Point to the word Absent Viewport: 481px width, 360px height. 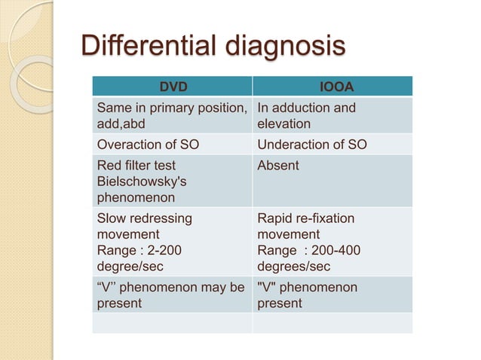pos(278,165)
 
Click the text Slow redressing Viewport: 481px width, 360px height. pos(144,218)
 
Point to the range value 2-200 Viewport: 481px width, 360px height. pos(167,250)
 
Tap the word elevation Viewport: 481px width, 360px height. pos(283,124)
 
